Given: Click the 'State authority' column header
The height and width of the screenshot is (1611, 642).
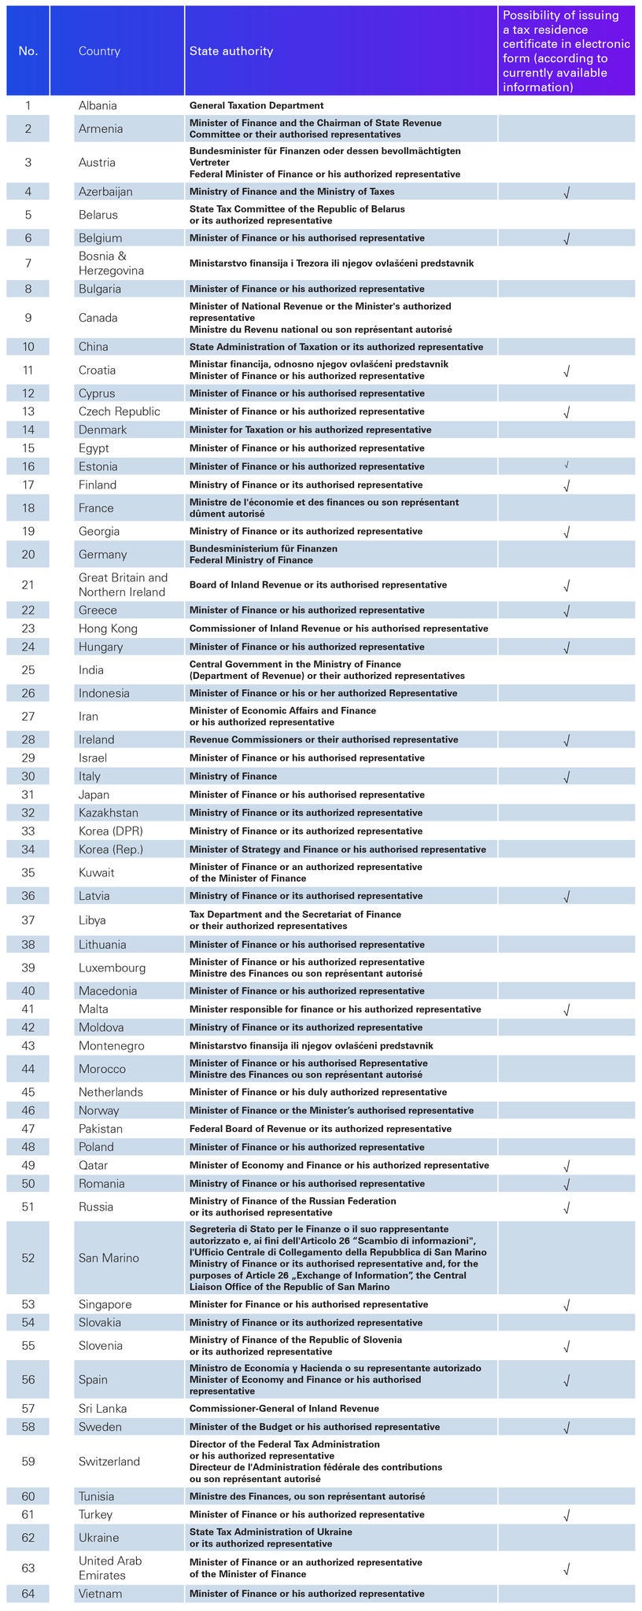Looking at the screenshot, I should coord(231,51).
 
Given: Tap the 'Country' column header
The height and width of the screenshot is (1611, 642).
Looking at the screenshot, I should coord(99,51).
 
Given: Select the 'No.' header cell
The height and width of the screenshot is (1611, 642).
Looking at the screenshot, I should coord(28,51).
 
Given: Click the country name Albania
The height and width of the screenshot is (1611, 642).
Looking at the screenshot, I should coord(98,105).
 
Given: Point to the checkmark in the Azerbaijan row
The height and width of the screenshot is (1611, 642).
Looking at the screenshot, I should coord(566,192).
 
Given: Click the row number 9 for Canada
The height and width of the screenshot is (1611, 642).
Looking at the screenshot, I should coord(28,318).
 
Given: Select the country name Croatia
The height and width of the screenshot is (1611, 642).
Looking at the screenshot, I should coord(97,370).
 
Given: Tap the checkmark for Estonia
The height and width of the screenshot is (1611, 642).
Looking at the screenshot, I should coord(566,466).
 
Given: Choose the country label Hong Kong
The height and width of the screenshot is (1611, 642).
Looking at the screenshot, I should coord(108,629).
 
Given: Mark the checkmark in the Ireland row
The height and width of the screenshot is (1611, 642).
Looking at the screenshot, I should coord(566,740).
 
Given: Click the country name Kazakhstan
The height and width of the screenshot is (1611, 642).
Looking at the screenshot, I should coord(108,813).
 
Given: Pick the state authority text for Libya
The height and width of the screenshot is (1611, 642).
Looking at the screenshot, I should coord(295,920).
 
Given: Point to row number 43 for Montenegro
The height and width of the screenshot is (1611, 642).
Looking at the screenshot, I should coord(28,1045).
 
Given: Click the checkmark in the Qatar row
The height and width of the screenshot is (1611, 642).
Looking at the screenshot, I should coord(566,1166).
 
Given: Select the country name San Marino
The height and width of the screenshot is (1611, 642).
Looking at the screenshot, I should coord(109,1258).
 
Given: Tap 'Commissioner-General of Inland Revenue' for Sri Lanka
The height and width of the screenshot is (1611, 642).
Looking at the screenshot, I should coord(284,1409).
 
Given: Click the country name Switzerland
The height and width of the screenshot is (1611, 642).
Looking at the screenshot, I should coord(109,1462).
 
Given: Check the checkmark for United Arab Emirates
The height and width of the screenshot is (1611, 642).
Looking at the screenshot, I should coord(566,1569).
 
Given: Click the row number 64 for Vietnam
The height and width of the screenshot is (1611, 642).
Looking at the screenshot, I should coord(28,1594).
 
